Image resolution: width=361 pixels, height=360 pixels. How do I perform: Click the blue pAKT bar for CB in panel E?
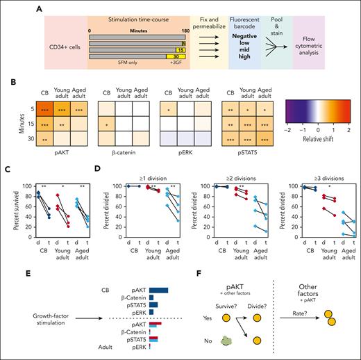click(x=159, y=270)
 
